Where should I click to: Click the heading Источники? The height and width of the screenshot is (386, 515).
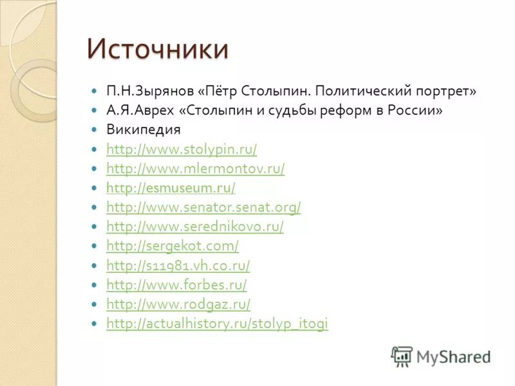(157, 49)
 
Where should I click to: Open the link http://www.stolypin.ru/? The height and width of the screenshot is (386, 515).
(182, 149)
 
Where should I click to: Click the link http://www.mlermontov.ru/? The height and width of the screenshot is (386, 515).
(195, 169)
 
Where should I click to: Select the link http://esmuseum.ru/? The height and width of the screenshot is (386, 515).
(171, 188)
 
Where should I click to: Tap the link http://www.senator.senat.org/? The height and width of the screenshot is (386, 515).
(203, 207)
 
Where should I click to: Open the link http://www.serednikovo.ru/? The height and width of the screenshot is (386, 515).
(194, 226)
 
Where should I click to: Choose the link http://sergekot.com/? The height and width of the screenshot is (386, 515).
(172, 246)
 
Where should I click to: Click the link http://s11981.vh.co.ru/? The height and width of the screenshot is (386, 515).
(178, 265)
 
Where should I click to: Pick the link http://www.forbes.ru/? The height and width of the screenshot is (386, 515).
(176, 284)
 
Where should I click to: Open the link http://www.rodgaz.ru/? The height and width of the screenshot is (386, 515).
(178, 304)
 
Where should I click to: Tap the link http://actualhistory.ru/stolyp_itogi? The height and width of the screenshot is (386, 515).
(217, 324)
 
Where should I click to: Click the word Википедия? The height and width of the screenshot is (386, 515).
(143, 129)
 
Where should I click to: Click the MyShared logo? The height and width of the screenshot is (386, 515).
(441, 356)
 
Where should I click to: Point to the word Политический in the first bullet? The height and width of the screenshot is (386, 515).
(360, 91)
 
